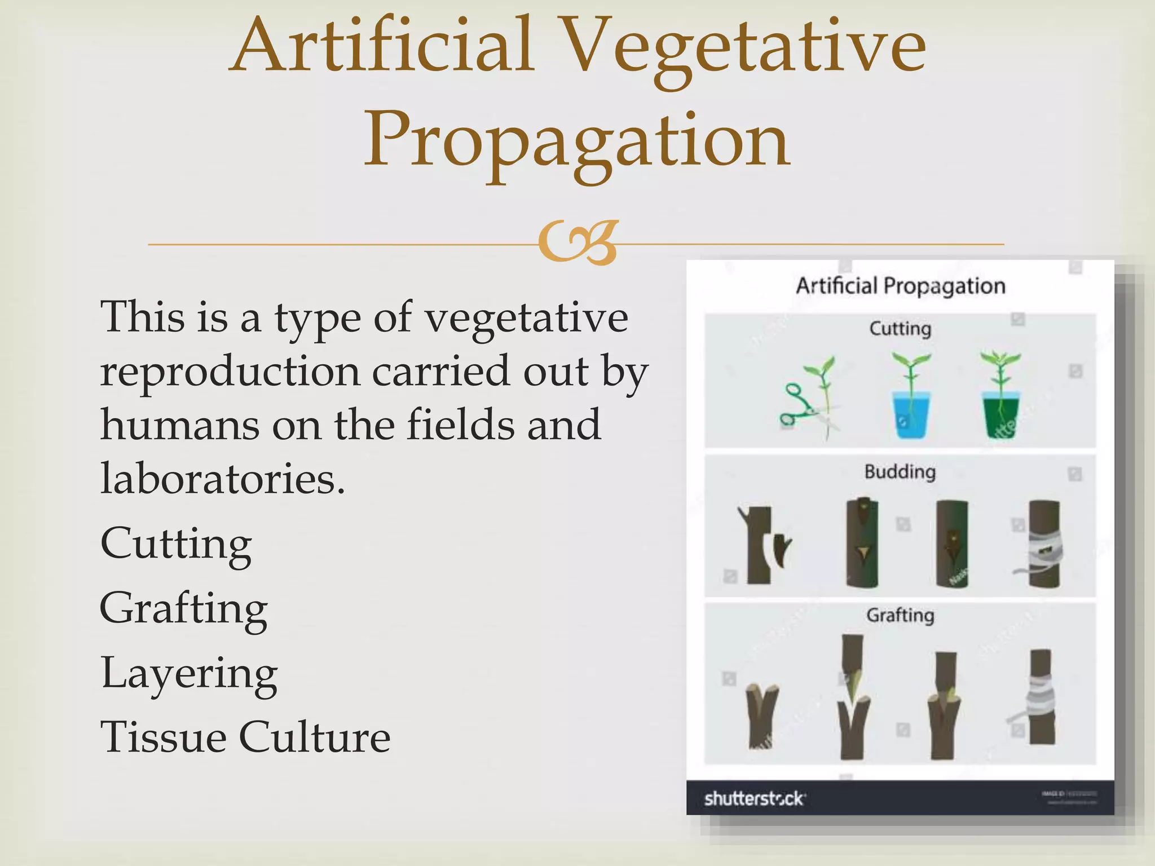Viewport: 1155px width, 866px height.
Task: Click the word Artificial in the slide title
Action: click(382, 45)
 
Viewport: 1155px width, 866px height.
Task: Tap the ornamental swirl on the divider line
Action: click(577, 242)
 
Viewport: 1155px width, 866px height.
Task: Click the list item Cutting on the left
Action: click(176, 544)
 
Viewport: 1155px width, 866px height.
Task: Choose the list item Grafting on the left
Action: click(184, 609)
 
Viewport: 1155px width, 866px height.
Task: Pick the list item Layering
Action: click(189, 674)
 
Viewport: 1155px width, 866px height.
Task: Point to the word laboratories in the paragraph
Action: click(222, 478)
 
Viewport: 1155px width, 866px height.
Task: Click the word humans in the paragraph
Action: click(180, 425)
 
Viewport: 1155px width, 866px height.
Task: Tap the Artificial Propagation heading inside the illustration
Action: click(900, 286)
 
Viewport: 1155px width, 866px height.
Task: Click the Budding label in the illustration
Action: click(900, 472)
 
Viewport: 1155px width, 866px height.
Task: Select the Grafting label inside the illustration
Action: click(900, 615)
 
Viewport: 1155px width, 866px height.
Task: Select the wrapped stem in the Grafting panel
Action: click(1041, 697)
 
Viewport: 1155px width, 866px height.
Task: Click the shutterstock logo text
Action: click(754, 799)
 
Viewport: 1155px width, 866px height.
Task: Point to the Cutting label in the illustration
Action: click(900, 329)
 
